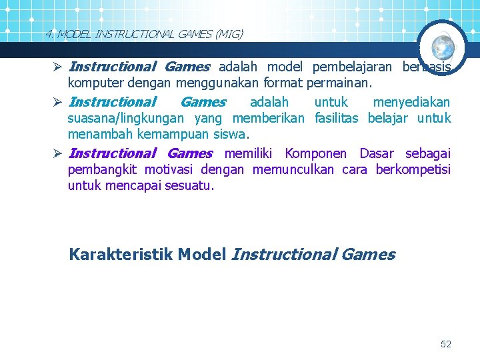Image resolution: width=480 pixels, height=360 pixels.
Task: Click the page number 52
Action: [x=446, y=344]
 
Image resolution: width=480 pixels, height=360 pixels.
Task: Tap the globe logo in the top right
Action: [x=443, y=47]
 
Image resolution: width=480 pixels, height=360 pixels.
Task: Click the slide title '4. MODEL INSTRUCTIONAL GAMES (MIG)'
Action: [x=144, y=33]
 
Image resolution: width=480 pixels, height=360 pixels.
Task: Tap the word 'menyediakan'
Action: [x=411, y=102]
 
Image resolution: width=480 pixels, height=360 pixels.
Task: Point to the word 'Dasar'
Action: [x=377, y=153]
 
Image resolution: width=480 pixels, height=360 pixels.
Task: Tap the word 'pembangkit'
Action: [x=102, y=169]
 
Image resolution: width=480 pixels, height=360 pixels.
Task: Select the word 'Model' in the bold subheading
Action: [x=203, y=254]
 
